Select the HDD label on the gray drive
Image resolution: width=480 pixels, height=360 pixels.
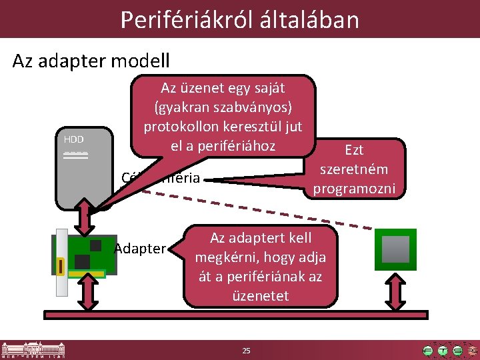click(x=74, y=139)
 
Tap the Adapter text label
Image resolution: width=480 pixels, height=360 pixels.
click(x=139, y=249)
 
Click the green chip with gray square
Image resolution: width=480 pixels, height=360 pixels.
click(x=395, y=249)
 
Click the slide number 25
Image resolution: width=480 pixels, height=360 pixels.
click(x=246, y=351)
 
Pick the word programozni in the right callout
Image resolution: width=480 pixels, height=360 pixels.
click(x=354, y=189)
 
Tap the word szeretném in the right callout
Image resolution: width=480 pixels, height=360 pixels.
click(x=354, y=169)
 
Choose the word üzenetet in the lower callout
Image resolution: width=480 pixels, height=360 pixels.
click(x=260, y=295)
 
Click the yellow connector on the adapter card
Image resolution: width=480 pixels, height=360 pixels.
click(x=61, y=267)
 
